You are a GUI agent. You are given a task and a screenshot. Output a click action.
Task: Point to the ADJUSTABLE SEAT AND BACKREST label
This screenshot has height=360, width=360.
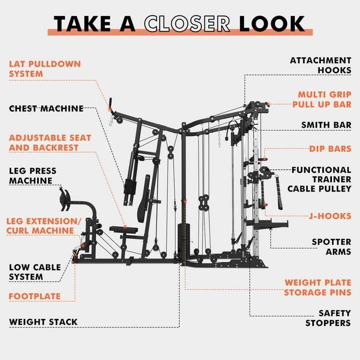[x=50, y=143]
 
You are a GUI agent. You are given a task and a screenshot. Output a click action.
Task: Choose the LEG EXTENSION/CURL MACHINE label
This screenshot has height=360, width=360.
[x=43, y=226]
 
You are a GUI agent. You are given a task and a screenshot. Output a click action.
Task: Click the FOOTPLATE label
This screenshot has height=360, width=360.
[x=34, y=296]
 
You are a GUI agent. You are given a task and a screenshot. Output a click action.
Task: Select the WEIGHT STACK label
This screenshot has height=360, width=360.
[x=43, y=322]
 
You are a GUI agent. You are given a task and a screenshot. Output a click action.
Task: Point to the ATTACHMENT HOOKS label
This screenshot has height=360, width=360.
[x=320, y=65]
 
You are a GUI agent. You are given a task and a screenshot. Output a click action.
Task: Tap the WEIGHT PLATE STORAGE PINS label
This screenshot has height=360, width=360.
[x=317, y=287]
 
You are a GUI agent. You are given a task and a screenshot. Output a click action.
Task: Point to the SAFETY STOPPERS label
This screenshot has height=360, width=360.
[x=327, y=318]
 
